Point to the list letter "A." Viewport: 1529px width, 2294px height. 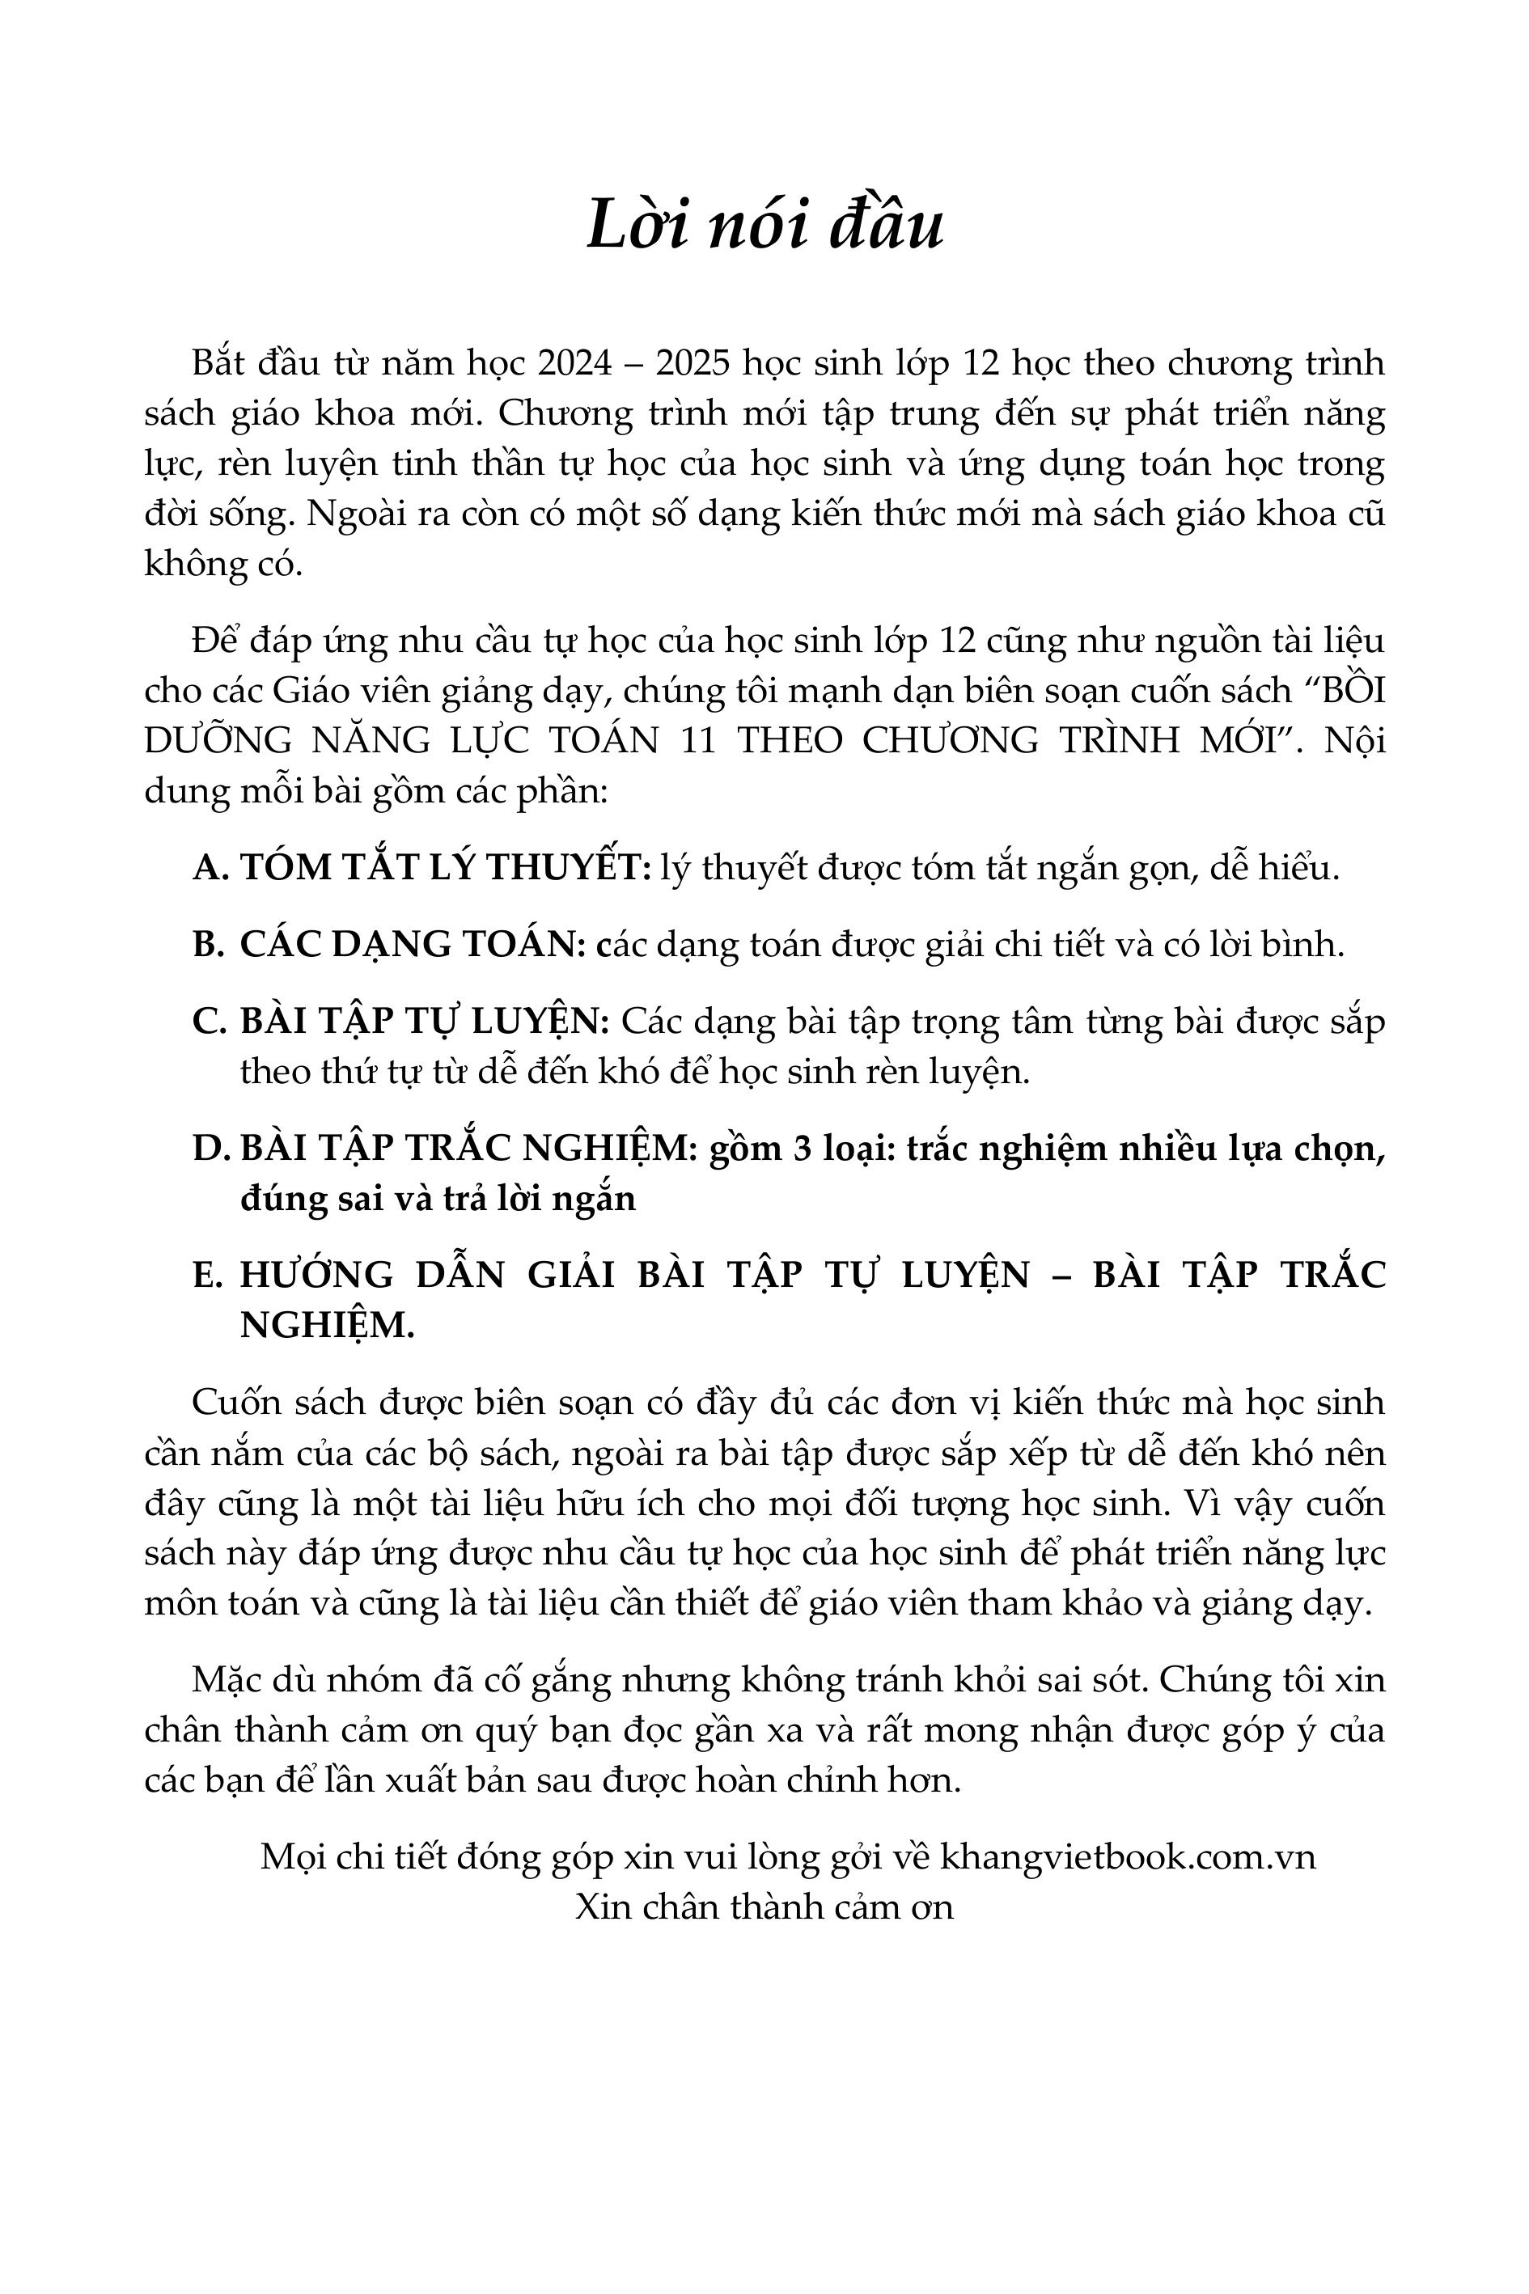(210, 866)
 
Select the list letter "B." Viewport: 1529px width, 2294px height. (209, 944)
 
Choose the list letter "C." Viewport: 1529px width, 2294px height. (210, 1021)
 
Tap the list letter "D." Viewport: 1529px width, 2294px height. (210, 1149)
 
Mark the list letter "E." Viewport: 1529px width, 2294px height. (209, 1275)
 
